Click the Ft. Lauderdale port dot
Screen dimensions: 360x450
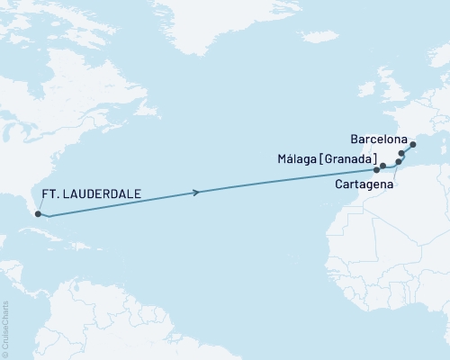point(37,213)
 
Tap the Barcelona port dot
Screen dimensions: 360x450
point(413,144)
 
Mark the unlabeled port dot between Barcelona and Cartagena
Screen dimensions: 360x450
point(401,154)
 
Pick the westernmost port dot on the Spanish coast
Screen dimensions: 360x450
point(377,169)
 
